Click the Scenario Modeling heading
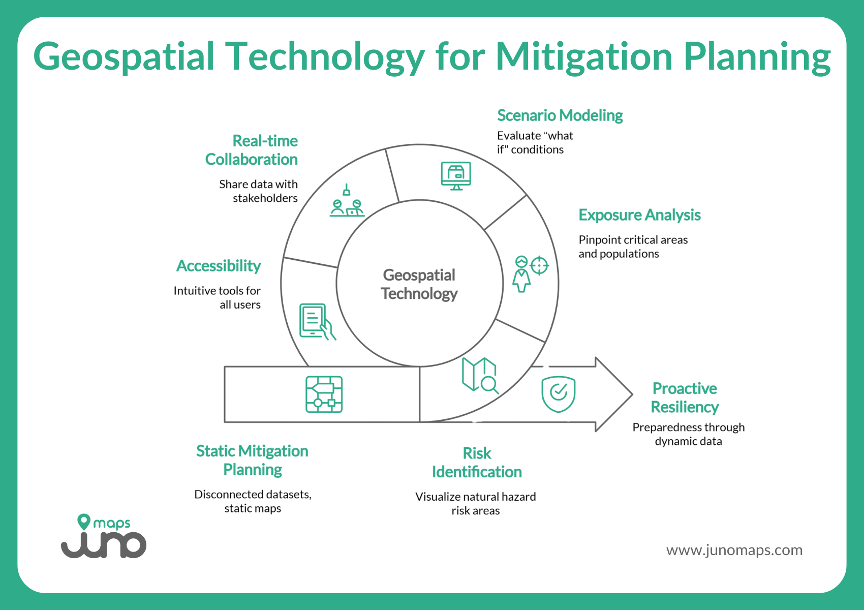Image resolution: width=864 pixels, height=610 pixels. pos(560,116)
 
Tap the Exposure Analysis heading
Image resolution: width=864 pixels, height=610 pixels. pos(639,215)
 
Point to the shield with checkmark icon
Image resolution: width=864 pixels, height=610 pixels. pos(558,394)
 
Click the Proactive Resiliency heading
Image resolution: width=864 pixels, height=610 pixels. pos(685,398)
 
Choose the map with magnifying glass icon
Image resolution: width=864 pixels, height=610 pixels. pos(479,375)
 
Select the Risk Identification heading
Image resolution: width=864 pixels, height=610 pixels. pos(477,463)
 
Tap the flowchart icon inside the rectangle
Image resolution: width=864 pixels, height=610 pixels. pos(324,394)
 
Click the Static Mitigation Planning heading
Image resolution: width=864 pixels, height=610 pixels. pos(253,460)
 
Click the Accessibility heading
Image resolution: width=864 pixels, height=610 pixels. pos(219,266)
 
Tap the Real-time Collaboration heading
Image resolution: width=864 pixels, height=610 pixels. pos(252,150)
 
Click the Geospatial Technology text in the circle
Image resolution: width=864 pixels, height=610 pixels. pos(419,284)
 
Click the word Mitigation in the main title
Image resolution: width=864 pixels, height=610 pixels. pos(584,57)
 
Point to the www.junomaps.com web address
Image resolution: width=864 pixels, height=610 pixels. pos(734,550)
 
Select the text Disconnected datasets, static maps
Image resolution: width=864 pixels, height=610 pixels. pos(253,501)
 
